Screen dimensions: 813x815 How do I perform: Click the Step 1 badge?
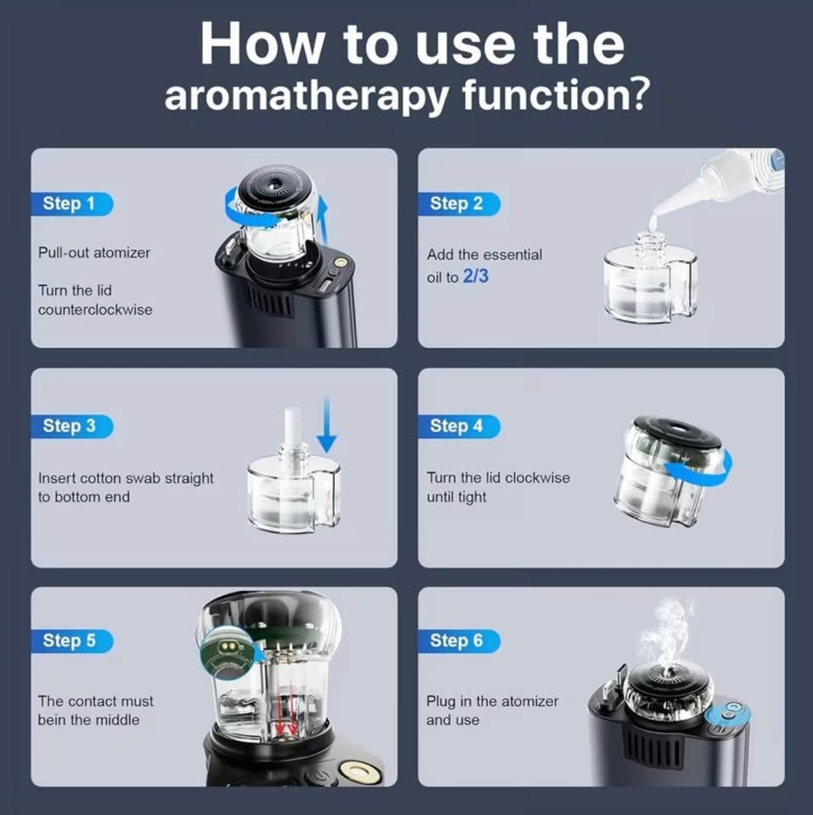(71, 204)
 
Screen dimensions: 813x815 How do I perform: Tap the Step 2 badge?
(459, 204)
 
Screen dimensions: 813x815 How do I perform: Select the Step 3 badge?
(71, 426)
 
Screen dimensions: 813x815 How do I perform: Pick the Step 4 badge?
(459, 426)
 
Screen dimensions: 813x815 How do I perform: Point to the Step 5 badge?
(71, 641)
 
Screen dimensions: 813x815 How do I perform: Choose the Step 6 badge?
(459, 641)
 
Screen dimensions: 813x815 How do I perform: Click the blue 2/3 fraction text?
(476, 276)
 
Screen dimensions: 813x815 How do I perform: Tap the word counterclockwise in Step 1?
(95, 310)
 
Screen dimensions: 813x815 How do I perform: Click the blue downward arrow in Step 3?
(327, 424)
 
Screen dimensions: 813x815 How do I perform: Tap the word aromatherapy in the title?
(308, 94)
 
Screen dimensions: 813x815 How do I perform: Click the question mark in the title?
(635, 92)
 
